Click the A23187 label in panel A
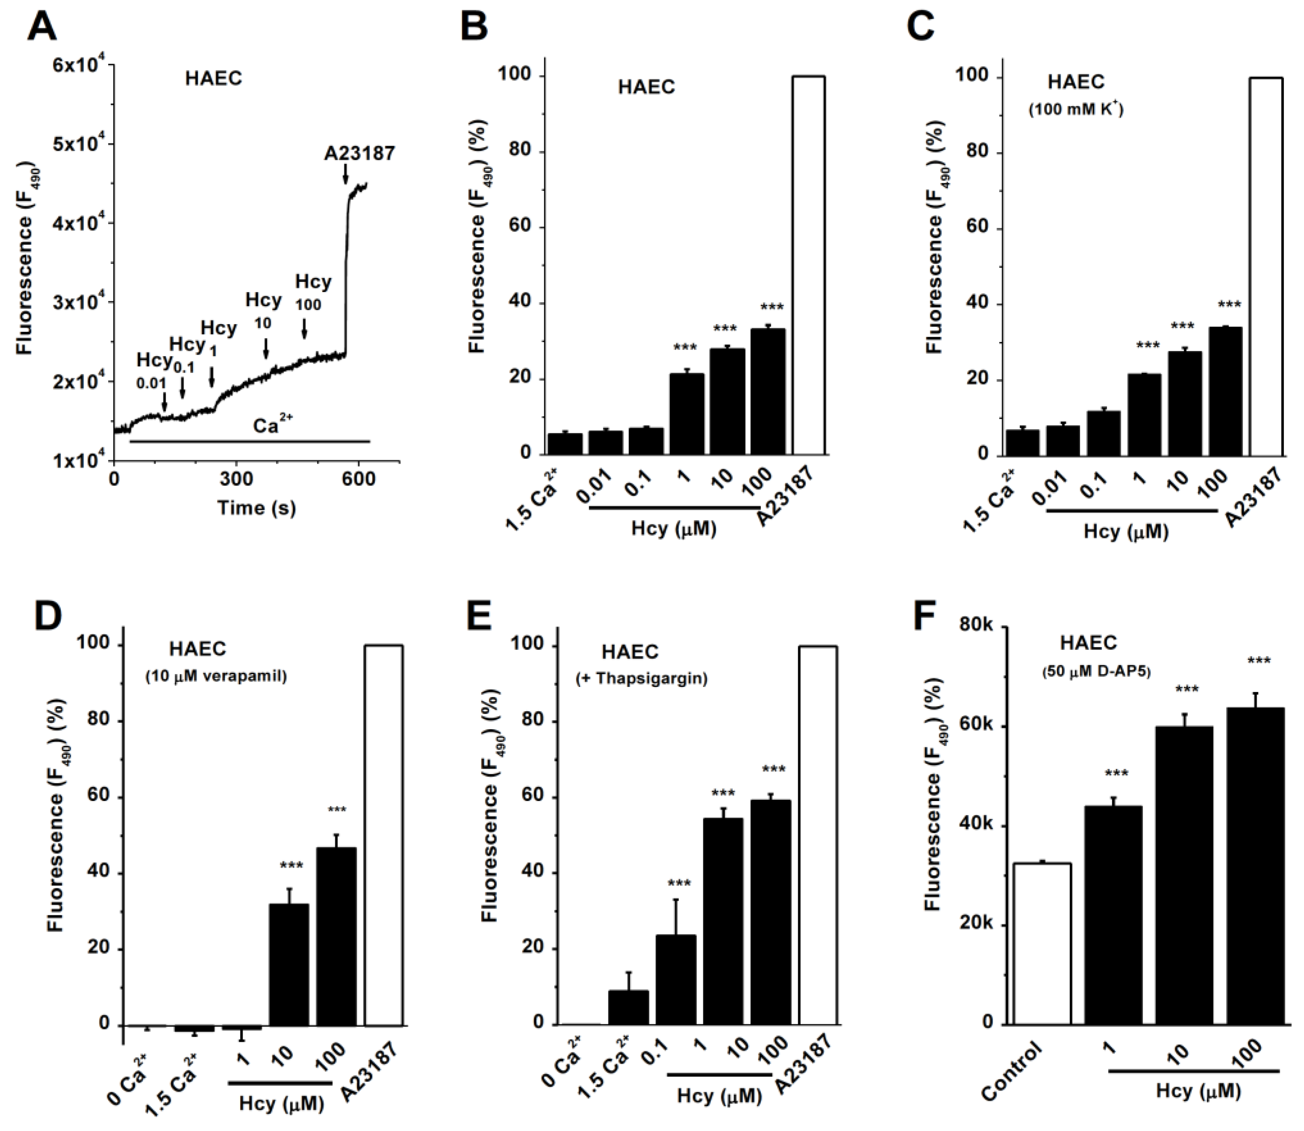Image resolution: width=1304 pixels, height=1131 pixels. click(x=359, y=153)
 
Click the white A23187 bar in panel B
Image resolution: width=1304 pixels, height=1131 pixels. click(x=808, y=265)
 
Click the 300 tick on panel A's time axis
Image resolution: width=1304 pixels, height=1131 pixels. click(x=236, y=479)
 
